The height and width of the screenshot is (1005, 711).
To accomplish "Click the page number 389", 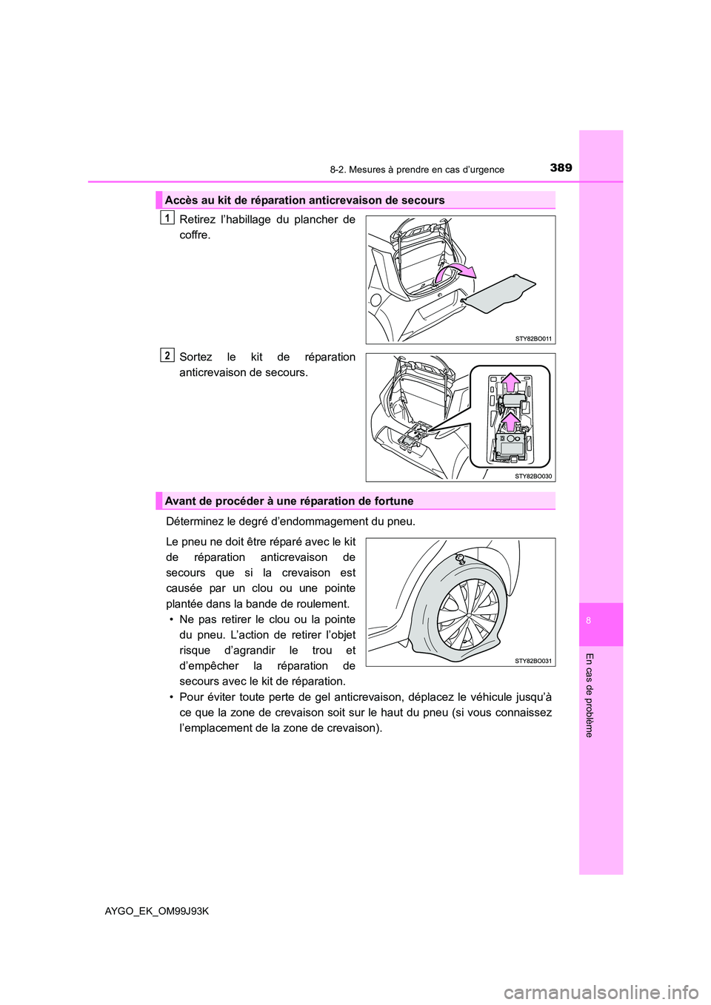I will point(561,168).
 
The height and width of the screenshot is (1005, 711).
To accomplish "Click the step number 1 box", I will point(168,218).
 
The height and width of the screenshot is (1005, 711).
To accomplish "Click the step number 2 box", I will point(168,355).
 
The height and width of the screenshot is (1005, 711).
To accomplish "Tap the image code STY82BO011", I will point(533,338).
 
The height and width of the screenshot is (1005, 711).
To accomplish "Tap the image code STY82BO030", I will point(533,476).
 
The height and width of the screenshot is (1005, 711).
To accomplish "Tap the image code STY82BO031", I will point(533,660).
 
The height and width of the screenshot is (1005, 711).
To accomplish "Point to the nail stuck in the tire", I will point(460,559).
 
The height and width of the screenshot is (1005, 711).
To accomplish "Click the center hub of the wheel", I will point(468,614).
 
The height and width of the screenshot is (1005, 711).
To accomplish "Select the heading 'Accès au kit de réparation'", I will point(304,200).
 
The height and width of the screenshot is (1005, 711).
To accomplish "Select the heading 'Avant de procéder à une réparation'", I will point(289,501).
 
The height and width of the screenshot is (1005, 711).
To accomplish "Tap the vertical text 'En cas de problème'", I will point(589,695).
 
